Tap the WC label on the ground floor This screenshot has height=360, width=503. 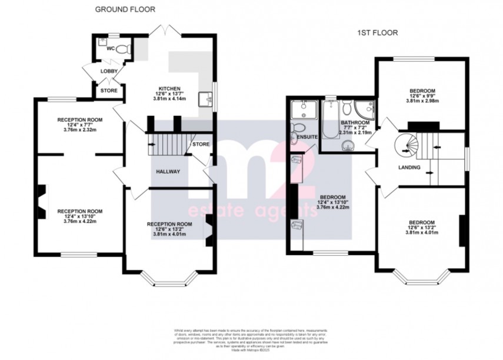click(x=110, y=49)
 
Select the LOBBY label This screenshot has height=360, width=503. click(x=109, y=71)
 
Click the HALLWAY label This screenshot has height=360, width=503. click(x=168, y=171)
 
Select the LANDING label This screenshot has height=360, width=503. click(x=409, y=168)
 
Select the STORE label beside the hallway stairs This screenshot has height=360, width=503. click(x=201, y=144)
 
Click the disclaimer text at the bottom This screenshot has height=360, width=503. click(x=251, y=338)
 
